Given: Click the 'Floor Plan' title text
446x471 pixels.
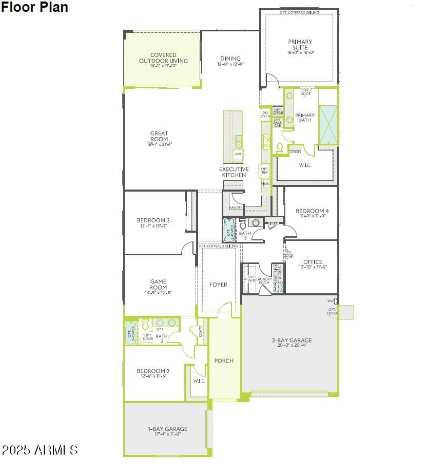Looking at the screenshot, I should click(34, 7).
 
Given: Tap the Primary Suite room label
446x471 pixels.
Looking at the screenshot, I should click(300, 45).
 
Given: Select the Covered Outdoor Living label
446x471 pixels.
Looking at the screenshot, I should click(163, 58).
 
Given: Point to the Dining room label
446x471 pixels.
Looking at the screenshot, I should click(230, 59).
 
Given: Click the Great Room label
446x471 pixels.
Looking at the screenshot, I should click(159, 136).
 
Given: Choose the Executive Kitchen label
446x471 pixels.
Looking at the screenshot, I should click(234, 172).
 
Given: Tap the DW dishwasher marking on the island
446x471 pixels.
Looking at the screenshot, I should click(238, 154).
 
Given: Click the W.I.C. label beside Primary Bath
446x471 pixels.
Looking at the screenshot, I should click(305, 165).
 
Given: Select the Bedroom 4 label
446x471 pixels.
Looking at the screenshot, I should click(312, 211).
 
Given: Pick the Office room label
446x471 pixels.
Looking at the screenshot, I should click(313, 262).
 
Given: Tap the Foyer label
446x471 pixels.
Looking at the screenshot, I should click(218, 285).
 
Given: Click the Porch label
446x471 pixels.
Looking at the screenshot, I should click(224, 361).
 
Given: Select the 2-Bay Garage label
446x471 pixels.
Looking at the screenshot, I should click(292, 340).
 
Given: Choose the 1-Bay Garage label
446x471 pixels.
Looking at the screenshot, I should click(167, 429).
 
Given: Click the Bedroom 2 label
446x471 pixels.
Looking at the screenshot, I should click(153, 371).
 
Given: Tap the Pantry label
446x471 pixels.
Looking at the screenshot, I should click(236, 208).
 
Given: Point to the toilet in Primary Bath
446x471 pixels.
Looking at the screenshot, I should click(280, 147).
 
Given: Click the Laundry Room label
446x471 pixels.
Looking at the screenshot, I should click(264, 281).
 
